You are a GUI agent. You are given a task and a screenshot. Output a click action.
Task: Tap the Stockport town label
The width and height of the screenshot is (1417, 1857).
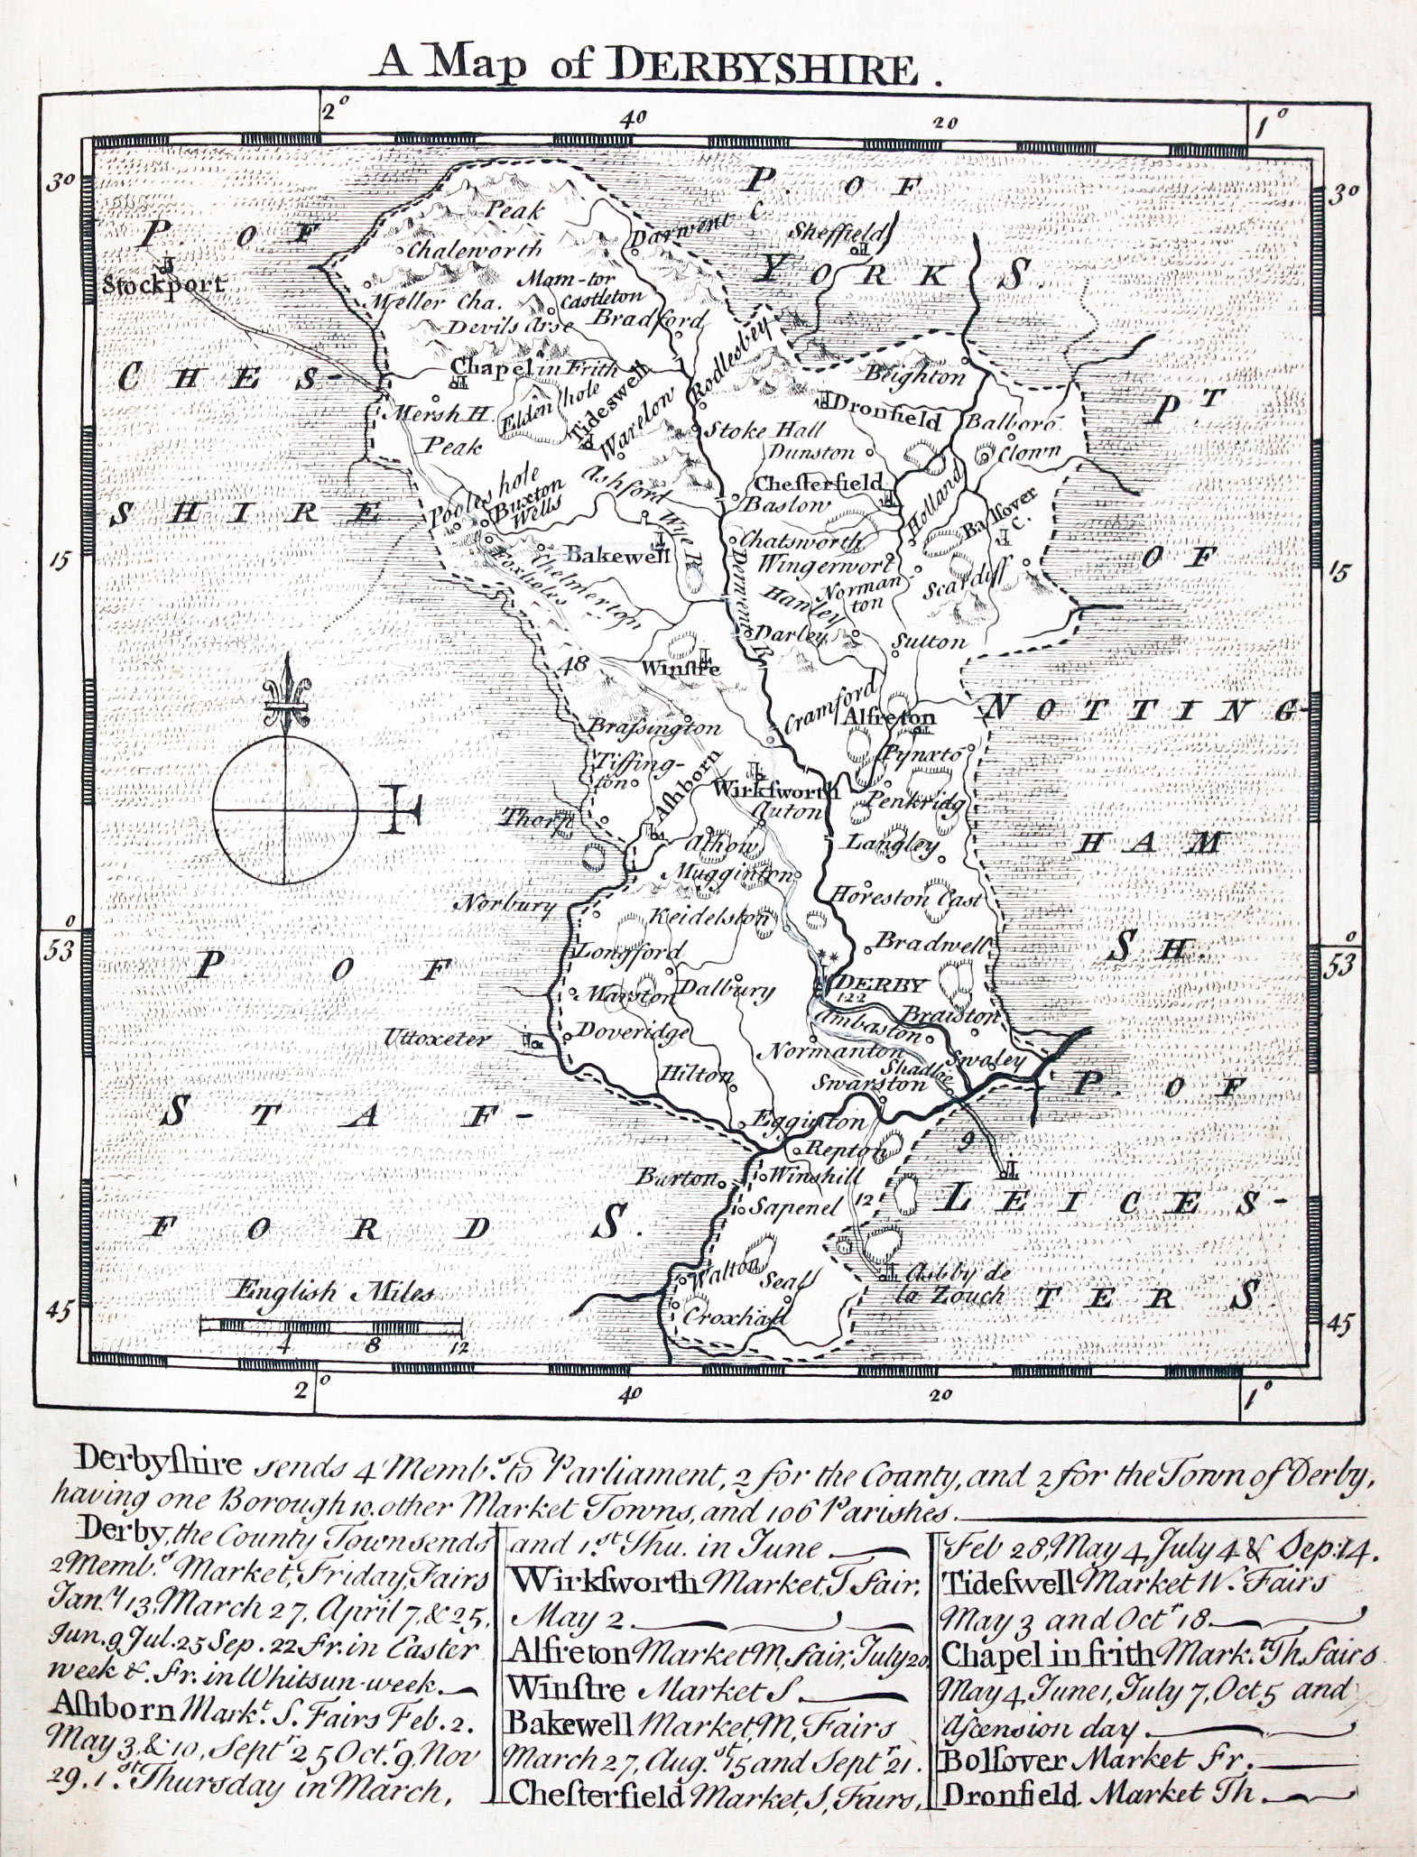pos(160,286)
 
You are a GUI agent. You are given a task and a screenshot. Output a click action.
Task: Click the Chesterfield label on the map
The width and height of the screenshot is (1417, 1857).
pos(820,483)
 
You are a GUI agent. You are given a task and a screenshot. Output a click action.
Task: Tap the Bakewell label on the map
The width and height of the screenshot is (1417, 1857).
pos(617,556)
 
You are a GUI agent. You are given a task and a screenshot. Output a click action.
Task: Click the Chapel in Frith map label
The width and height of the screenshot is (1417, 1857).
pos(533,367)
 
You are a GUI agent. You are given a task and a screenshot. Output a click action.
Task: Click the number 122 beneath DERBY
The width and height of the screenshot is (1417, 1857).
pos(849,1000)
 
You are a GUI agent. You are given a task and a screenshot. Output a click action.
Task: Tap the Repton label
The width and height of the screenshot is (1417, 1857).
pos(834,1150)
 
